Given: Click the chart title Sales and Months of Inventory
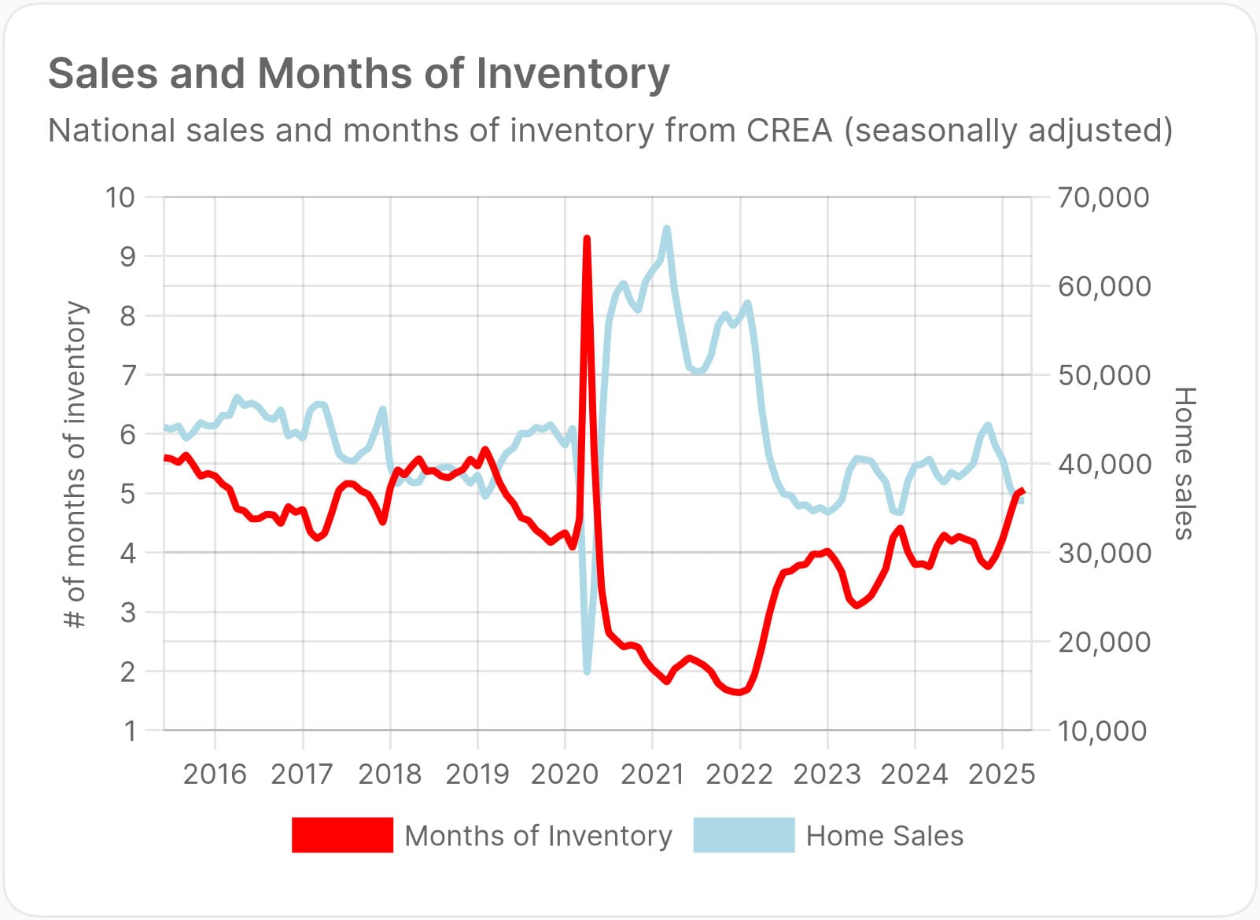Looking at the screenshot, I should [x=359, y=74].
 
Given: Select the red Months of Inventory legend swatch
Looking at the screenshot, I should [x=342, y=835].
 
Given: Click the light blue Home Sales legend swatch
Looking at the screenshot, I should [x=743, y=835].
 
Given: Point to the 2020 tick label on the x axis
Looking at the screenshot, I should [x=565, y=775].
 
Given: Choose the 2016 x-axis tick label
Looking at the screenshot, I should [x=215, y=775].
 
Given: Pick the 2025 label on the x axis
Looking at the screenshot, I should [x=1001, y=775].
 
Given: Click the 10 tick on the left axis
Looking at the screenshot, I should [x=120, y=197].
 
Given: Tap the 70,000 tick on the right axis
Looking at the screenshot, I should [x=1103, y=197].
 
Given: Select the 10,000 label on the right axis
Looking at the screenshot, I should [x=1103, y=731].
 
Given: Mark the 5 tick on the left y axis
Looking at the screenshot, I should [x=127, y=494].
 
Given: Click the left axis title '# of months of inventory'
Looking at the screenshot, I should [x=76, y=464].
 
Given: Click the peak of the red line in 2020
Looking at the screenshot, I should [x=587, y=238].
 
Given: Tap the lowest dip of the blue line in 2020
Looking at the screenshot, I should [x=587, y=672].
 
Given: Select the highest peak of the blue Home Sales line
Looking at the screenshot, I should [x=667, y=229].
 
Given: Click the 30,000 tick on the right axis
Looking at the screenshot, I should [x=1103, y=554].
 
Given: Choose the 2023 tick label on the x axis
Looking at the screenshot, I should [x=827, y=775].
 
